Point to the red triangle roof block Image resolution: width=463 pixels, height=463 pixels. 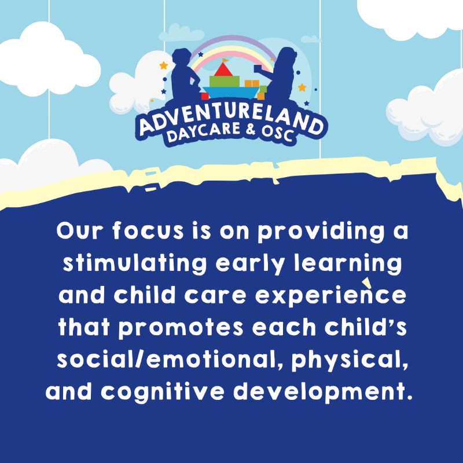point(222,70)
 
